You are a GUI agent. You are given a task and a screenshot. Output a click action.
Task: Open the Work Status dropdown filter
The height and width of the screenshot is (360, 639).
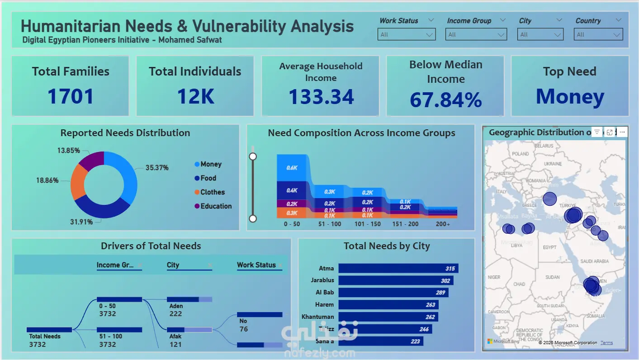(x=406, y=34)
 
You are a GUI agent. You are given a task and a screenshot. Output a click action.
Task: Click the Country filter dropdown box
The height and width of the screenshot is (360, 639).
(x=598, y=34)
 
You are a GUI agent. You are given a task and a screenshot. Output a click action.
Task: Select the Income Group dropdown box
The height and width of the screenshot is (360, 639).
(x=476, y=34)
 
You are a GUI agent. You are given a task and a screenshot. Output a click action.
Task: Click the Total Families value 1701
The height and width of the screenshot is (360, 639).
(x=71, y=96)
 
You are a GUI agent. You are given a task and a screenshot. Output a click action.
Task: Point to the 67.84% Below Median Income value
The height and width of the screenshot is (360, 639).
(x=445, y=99)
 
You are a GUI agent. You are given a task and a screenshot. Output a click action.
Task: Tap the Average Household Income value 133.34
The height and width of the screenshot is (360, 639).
(x=321, y=97)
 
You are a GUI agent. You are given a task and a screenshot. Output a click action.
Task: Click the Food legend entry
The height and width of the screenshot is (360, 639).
(x=208, y=178)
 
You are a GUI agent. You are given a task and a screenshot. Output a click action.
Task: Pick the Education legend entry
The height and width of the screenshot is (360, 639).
(x=216, y=206)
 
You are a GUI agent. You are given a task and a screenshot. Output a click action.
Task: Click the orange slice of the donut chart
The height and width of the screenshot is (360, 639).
(x=78, y=182)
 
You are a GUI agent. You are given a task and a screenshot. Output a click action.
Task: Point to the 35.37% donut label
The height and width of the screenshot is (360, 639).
(x=157, y=168)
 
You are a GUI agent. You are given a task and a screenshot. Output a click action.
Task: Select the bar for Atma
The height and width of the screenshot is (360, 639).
(x=398, y=268)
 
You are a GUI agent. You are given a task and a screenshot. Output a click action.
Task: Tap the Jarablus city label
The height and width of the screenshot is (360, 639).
(x=322, y=280)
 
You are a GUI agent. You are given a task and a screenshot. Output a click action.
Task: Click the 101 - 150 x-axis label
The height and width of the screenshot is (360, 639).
(x=368, y=224)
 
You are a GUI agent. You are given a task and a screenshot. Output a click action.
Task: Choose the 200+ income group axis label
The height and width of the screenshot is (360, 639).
(x=443, y=224)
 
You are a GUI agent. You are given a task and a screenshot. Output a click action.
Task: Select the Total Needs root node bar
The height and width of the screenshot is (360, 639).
(x=49, y=330)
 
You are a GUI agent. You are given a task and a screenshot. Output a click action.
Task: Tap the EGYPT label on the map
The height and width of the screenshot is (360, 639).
(x=549, y=247)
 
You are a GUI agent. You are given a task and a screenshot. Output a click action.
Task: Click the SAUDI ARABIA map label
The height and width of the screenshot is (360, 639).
(x=595, y=261)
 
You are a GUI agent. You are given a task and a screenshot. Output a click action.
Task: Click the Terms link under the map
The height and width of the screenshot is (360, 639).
(x=606, y=343)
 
